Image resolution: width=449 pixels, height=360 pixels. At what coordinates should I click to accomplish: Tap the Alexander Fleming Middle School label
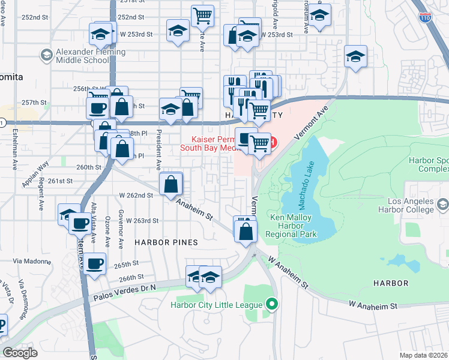pyautogui.click(x=90, y=56)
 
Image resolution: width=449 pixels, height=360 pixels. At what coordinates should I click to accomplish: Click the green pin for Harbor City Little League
pyautogui.click(x=273, y=304)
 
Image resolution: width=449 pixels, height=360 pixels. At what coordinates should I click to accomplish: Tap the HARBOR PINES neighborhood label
pyautogui.click(x=166, y=242)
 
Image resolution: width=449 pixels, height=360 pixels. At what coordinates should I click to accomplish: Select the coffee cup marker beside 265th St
pyautogui.click(x=94, y=263)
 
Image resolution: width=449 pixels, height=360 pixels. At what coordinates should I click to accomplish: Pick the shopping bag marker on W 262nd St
pyautogui.click(x=171, y=184)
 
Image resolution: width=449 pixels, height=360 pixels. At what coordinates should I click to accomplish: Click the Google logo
pyautogui.click(x=20, y=353)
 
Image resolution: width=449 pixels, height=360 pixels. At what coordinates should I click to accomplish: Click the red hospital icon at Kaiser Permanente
pyautogui.click(x=273, y=142)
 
